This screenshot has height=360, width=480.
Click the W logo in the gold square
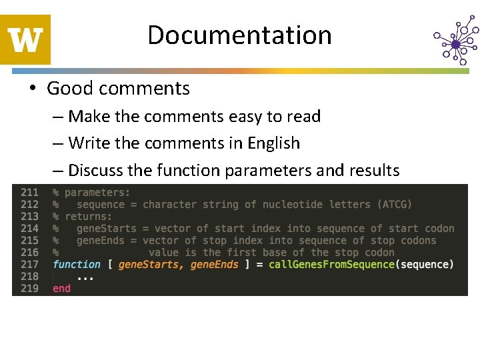tap(26, 40)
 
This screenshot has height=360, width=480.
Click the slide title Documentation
tap(239, 35)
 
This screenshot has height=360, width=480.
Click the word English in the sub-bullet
tap(274, 143)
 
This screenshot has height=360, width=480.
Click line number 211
tap(29, 193)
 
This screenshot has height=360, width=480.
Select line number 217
tap(29, 265)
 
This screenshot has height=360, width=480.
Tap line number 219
tap(29, 289)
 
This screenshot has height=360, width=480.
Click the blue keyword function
tap(77, 265)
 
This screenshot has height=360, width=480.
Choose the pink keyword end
tap(61, 289)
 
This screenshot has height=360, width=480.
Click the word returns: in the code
tap(89, 217)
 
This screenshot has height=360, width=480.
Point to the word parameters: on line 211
tap(97, 193)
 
